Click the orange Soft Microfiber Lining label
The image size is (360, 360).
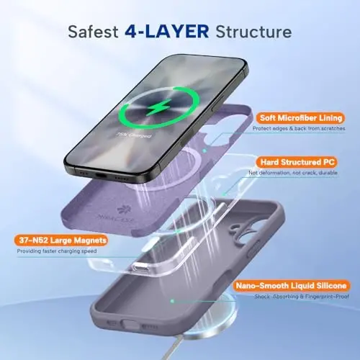[297, 117]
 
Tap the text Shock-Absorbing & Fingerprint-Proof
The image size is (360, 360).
[297, 299]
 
